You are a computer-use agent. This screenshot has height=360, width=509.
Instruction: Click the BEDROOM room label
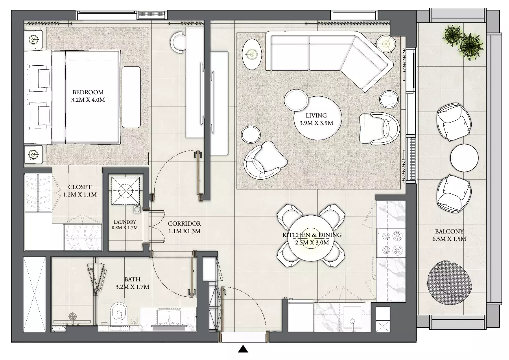[x=88, y=92]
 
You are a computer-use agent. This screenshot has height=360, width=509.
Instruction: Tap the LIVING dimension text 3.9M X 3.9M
[x=316, y=123]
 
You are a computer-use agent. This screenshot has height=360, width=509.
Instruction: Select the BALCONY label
[x=449, y=231]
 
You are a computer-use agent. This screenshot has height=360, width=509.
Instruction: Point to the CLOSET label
[x=80, y=187]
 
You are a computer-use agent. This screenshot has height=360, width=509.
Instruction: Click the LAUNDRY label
[x=125, y=222]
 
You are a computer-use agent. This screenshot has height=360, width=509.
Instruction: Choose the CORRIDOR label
[x=184, y=223]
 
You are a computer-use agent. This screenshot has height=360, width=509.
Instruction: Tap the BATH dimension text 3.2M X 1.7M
[x=133, y=287]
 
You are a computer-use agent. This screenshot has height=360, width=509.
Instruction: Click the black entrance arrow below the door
[x=243, y=349]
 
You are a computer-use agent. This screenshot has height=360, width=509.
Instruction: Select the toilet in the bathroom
[x=119, y=314]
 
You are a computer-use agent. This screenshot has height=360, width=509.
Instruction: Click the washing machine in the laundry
[x=125, y=191]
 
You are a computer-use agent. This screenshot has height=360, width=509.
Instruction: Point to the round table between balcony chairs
[x=464, y=158]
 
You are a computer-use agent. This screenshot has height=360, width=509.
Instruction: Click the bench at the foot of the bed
[x=131, y=97]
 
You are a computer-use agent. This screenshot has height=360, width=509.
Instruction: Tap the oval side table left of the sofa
[x=252, y=54]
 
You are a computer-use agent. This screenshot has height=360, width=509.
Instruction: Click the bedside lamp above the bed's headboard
[x=33, y=39]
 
